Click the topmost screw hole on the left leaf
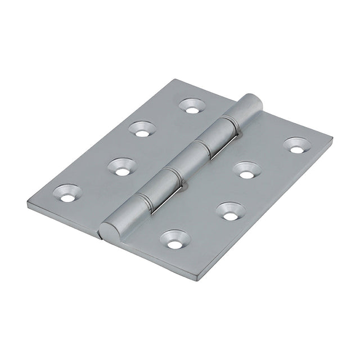(192, 106)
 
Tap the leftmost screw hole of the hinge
(67, 193)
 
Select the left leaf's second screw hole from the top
(142, 129)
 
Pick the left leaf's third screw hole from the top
(121, 167)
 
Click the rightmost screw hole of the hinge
(297, 145)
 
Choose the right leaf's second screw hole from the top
(246, 170)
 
